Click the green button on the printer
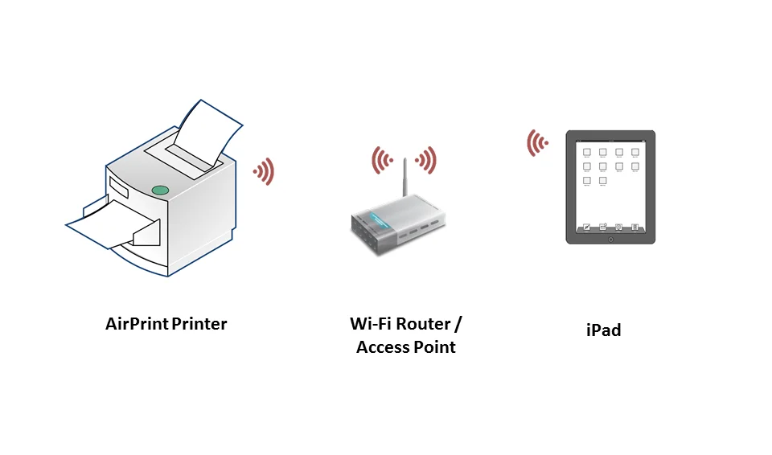pos(160,191)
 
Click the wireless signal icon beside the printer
pos(264,171)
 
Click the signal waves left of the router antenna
pos(380,161)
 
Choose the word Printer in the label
pos(199,324)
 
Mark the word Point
pos(436,347)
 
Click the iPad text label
pos(603,330)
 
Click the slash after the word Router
pos(458,324)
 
